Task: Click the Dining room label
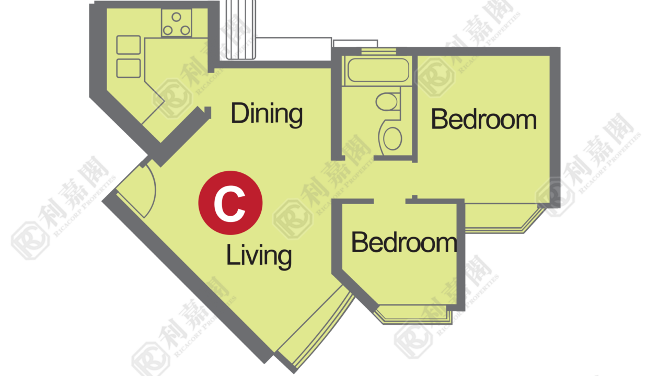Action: click(267, 114)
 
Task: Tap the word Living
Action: click(259, 256)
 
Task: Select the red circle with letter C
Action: click(230, 203)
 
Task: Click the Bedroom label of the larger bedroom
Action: click(484, 119)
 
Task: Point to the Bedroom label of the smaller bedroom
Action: click(404, 242)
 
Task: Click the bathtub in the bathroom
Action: click(378, 70)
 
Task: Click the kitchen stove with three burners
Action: click(176, 22)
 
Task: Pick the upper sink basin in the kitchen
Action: click(129, 45)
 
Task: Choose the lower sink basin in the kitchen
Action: click(129, 68)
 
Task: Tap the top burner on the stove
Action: click(176, 17)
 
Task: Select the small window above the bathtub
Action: click(379, 52)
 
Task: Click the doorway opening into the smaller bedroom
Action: click(389, 201)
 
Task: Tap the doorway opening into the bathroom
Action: click(359, 158)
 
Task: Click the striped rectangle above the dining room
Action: click(241, 29)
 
